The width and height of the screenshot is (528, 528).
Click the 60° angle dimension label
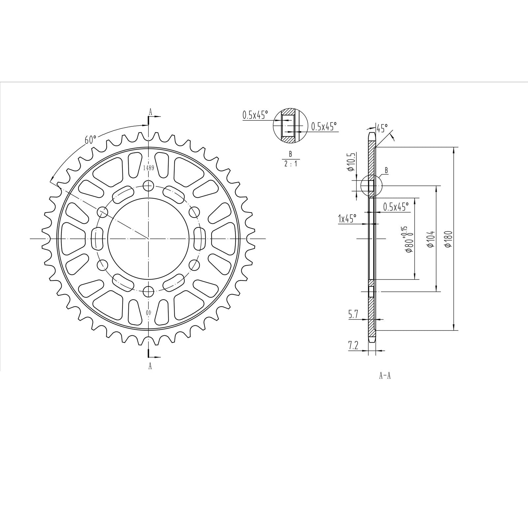click(x=90, y=140)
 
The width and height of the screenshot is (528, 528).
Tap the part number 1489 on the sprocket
click(x=149, y=168)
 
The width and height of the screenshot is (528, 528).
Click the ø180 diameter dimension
click(x=448, y=239)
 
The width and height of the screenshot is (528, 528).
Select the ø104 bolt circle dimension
click(x=430, y=239)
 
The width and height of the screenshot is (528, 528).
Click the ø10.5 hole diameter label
click(x=351, y=162)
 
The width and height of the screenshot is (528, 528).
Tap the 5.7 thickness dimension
click(x=353, y=315)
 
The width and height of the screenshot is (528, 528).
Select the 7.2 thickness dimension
click(x=353, y=346)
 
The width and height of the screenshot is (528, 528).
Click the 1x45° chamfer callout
click(x=347, y=218)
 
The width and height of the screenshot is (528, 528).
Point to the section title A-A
click(x=385, y=376)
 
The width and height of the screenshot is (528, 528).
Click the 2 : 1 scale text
click(x=291, y=164)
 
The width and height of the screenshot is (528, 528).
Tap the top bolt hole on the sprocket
click(x=149, y=185)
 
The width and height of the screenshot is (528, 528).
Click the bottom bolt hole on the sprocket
click(x=149, y=291)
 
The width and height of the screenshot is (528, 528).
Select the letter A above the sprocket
click(x=150, y=112)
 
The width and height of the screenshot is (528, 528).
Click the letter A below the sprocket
click(x=150, y=366)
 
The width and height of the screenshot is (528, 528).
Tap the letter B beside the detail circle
click(x=386, y=171)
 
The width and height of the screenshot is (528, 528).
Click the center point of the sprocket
click(x=149, y=238)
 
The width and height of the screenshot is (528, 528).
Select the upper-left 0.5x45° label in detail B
click(x=255, y=115)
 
